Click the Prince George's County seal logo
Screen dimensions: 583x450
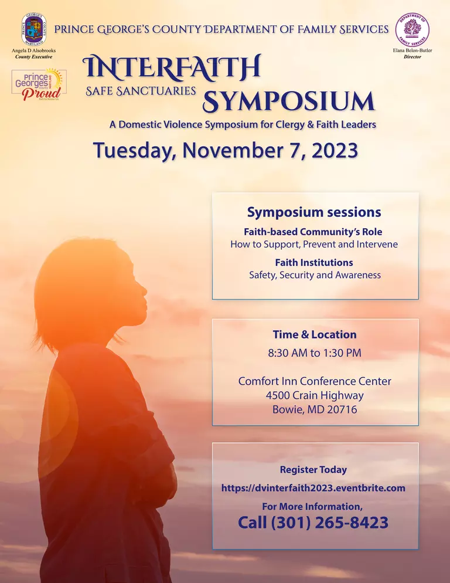coord(33,29)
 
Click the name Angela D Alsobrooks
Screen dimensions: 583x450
coord(34,51)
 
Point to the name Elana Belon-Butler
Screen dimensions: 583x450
coord(412,51)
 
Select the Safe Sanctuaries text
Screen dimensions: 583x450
coord(141,91)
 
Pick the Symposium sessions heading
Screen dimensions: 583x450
coord(314,212)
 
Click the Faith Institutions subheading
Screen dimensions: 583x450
coord(314,262)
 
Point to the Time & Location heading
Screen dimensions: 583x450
coord(314,334)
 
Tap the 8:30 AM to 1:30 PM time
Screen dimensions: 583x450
coord(314,353)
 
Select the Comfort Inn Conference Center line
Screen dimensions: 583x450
coord(314,381)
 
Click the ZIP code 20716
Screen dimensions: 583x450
coord(339,409)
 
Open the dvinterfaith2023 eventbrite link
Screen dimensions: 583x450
coord(313,487)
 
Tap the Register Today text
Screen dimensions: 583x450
coord(313,469)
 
